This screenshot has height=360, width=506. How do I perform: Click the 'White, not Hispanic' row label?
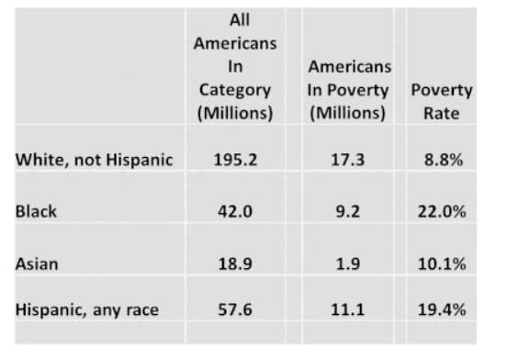94,160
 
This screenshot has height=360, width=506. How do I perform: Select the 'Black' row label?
36,211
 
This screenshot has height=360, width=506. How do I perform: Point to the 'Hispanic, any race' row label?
86,310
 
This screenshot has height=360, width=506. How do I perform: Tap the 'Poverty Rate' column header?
441,102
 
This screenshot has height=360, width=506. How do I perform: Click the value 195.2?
235,160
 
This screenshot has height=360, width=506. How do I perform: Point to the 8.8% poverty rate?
442,160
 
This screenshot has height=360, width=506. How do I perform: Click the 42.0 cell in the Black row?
235,211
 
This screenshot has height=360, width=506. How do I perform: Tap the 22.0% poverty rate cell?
442,211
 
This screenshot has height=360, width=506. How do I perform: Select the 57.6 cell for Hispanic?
235,310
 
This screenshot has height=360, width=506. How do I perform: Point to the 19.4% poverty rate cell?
442,310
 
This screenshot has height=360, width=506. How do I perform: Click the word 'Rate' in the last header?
441,115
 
